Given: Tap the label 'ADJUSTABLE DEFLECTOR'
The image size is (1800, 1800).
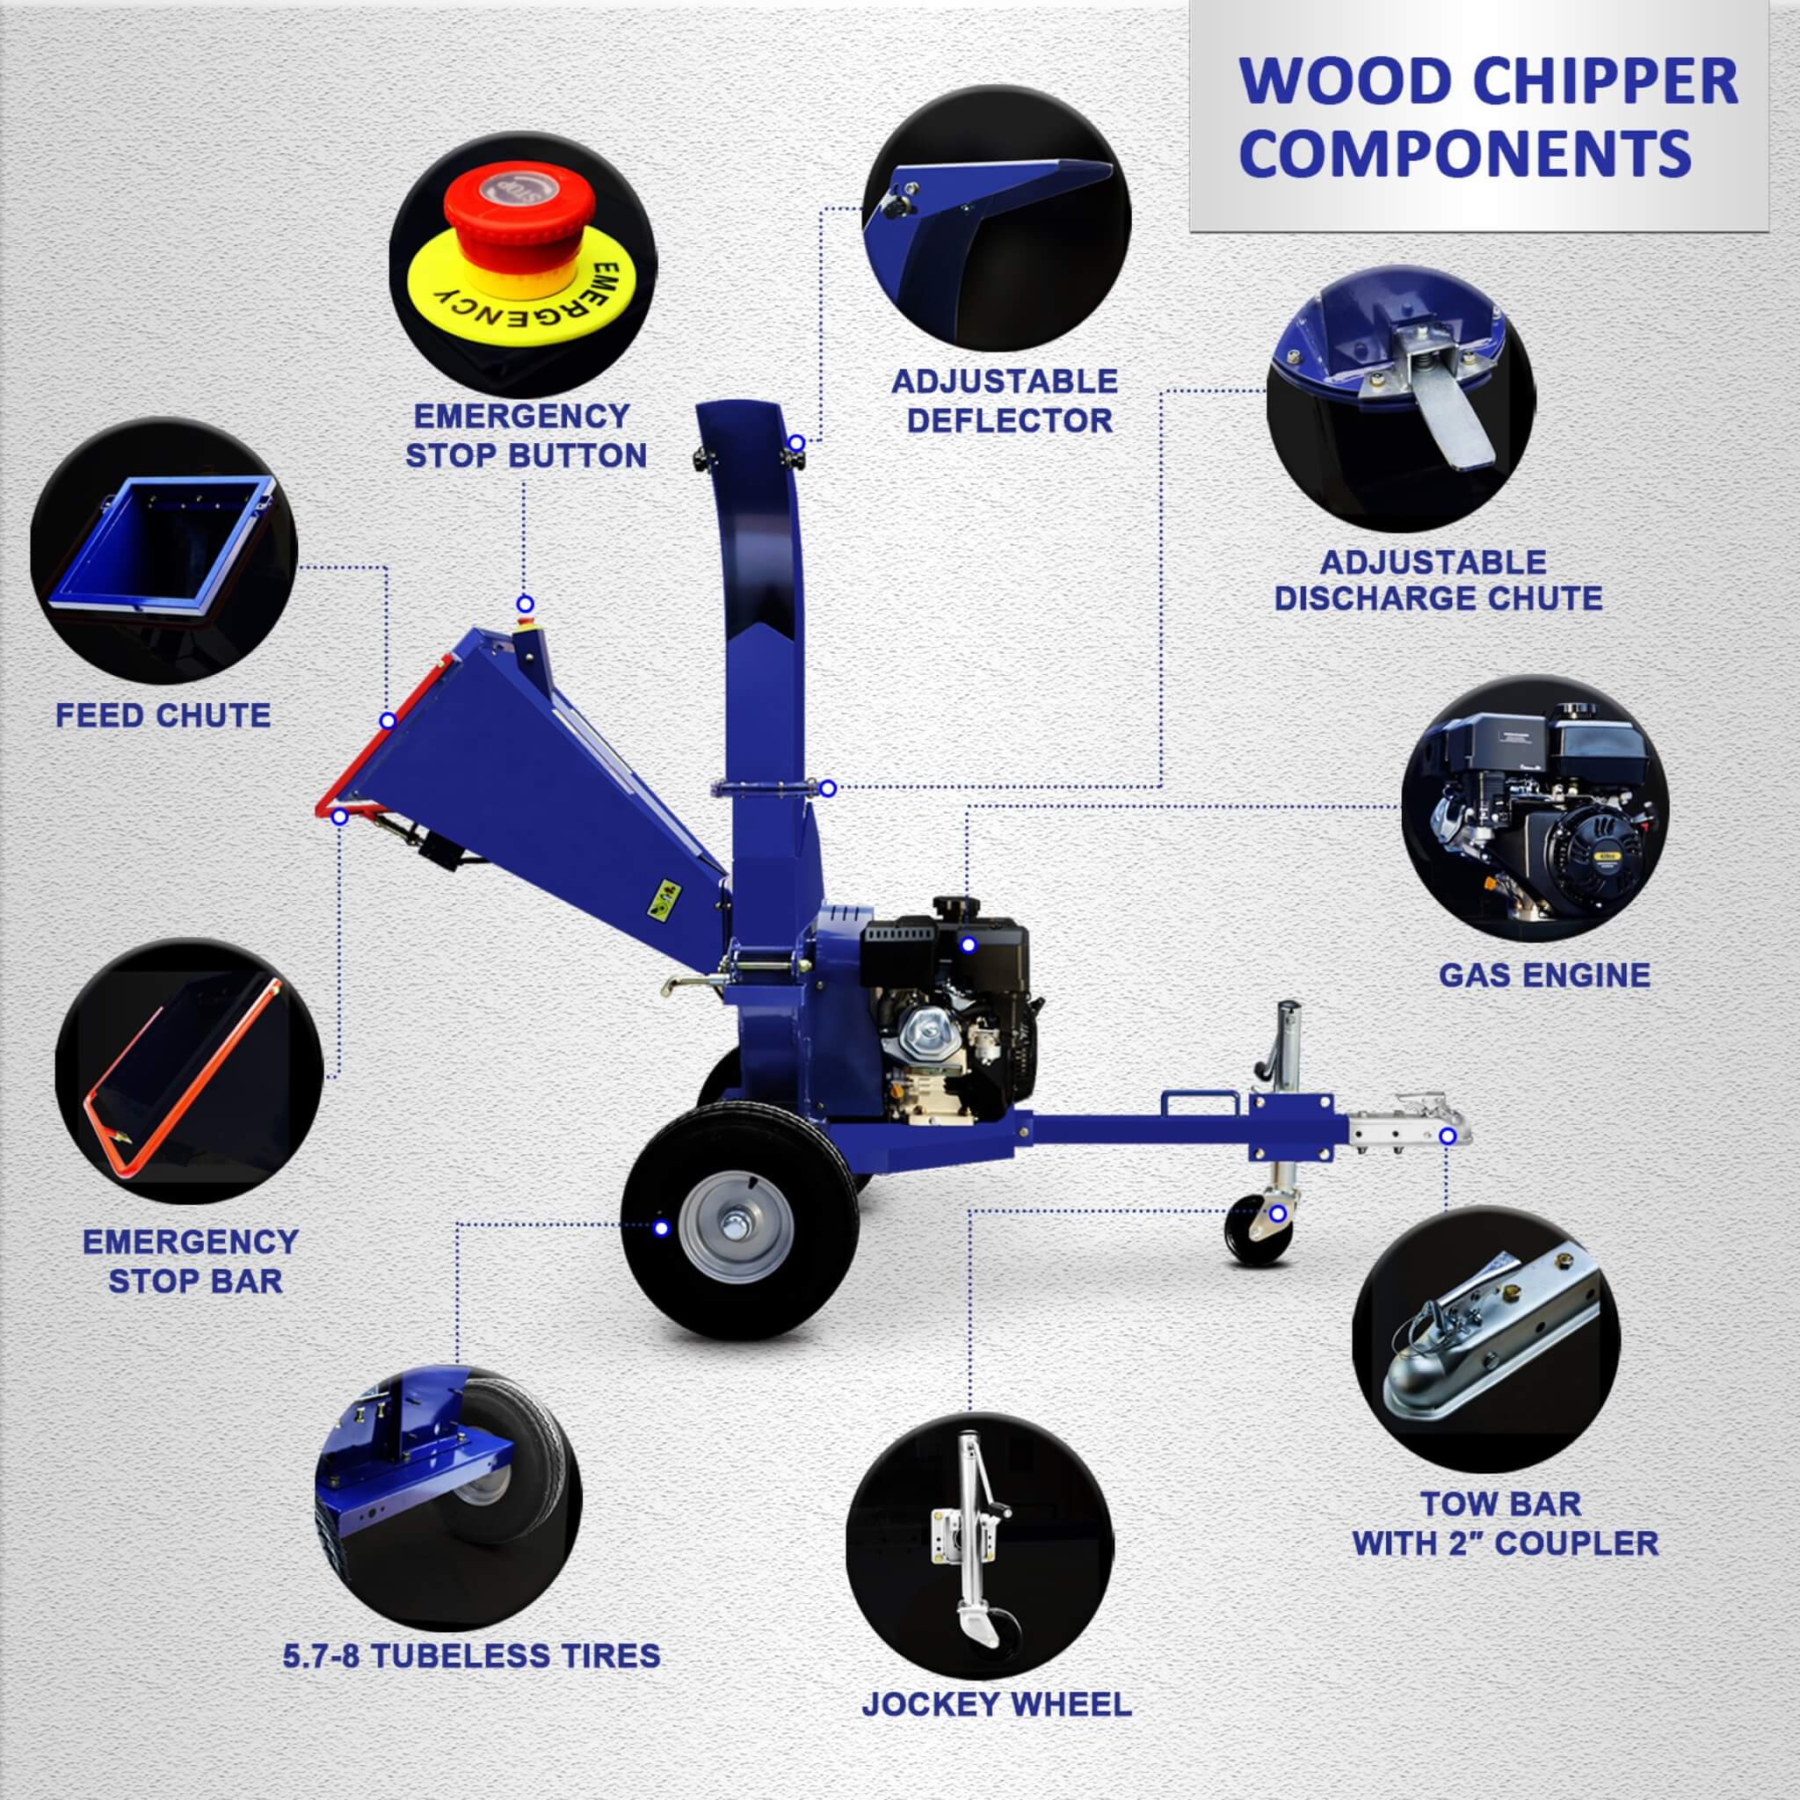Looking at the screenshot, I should click(1005, 402).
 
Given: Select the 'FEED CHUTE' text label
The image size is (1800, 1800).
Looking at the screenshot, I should click(163, 715).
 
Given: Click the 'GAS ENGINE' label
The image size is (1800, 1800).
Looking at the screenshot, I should click(1543, 976).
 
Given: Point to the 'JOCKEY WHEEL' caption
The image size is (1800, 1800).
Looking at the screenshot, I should click(996, 1704).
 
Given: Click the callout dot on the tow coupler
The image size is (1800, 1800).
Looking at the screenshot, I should click(1448, 1136).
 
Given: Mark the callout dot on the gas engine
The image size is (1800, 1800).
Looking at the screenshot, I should click(968, 946).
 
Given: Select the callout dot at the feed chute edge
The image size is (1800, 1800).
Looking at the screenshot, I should click(388, 720).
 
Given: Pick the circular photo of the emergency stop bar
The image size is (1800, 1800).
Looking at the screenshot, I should click(189, 1075).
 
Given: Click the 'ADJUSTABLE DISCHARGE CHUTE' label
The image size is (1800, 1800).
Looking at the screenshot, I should click(1438, 579).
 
